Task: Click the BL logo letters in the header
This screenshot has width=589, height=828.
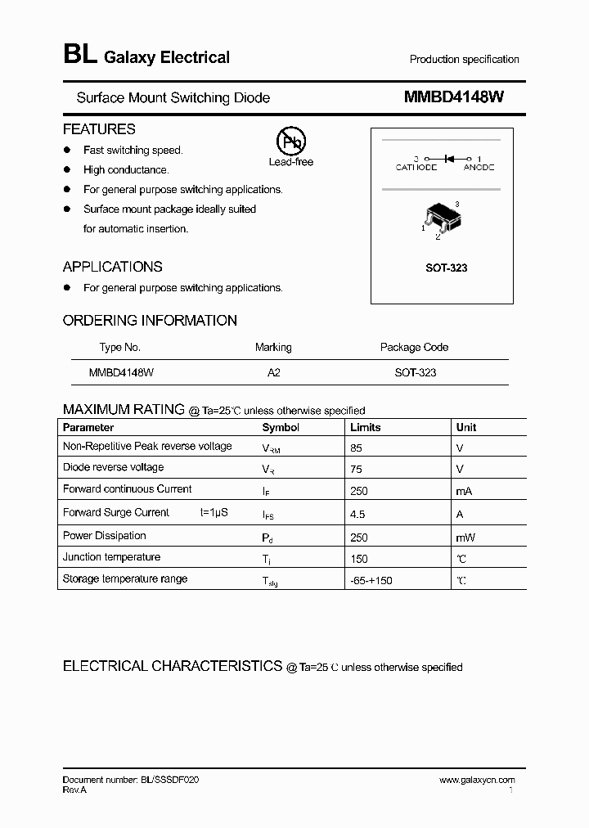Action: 79,56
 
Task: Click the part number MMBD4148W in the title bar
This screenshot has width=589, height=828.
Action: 453,97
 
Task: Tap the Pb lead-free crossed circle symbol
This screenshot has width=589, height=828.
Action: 290,142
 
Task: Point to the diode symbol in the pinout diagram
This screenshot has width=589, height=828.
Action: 447,158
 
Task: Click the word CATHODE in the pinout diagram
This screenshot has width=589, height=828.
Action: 416,167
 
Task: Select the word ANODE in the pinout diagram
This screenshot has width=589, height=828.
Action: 479,167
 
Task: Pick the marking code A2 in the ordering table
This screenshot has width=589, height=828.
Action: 273,372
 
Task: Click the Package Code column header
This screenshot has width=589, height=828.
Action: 414,347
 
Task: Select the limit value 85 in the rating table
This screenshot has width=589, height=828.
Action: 356,448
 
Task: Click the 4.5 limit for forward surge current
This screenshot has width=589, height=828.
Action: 357,515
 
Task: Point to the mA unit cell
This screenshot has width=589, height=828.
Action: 465,492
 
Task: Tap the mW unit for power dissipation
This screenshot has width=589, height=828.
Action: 465,538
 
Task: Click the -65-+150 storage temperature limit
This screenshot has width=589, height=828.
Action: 371,581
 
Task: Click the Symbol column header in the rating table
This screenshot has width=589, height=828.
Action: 281,427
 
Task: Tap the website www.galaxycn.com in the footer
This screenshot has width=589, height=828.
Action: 477,781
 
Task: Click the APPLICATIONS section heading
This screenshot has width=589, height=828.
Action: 112,267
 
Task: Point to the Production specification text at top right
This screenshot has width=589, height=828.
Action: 464,60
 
